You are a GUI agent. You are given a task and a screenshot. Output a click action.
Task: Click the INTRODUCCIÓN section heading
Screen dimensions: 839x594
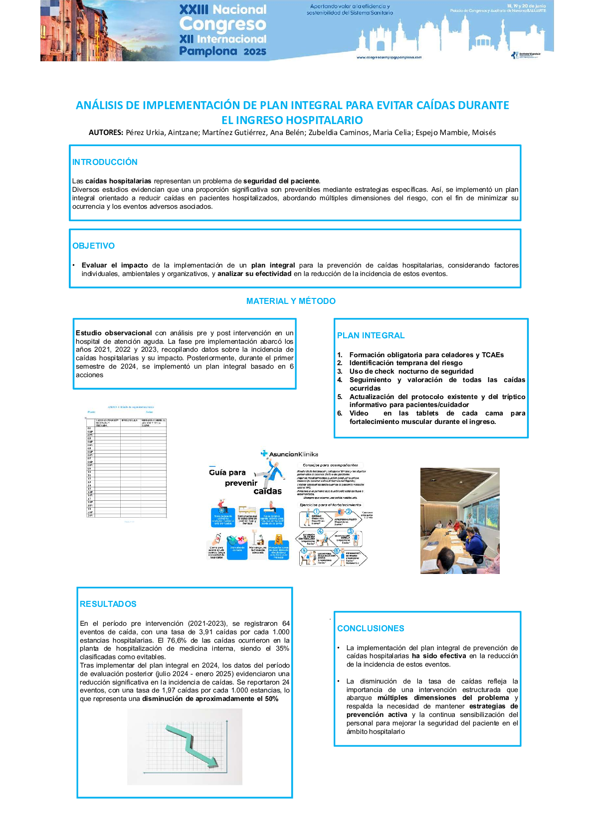[105, 162]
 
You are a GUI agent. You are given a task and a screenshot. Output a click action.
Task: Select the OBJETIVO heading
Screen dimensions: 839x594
[93, 246]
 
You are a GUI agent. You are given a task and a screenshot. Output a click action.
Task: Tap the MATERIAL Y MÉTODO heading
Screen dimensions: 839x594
[291, 301]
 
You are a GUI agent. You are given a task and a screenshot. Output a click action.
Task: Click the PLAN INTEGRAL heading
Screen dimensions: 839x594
[371, 335]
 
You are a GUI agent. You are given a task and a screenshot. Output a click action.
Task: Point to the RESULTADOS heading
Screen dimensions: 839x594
[108, 604]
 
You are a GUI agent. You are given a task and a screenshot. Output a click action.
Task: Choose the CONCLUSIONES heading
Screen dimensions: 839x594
[371, 628]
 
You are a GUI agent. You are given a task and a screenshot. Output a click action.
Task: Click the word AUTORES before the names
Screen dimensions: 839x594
[106, 133]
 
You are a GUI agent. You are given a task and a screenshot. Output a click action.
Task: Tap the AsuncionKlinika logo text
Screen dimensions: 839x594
[293, 454]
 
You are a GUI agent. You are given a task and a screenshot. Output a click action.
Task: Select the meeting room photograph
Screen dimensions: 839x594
[459, 521]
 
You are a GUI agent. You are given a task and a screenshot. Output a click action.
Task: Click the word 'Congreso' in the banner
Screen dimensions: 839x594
[222, 24]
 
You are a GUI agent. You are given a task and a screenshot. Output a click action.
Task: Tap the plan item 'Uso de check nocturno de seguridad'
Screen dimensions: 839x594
[411, 371]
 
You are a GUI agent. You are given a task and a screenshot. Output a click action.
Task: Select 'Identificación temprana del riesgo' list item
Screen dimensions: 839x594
[405, 363]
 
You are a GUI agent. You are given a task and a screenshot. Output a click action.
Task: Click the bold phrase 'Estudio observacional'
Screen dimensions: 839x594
[114, 333]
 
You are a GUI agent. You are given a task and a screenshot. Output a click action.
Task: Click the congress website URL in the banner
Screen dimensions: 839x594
[389, 57]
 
